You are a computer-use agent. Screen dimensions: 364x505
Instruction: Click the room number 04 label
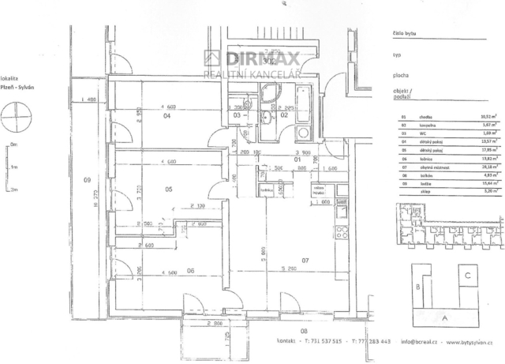pos(167,115)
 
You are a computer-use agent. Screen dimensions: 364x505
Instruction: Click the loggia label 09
pos(87,181)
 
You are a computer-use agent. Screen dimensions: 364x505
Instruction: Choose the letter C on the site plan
pos(468,276)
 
